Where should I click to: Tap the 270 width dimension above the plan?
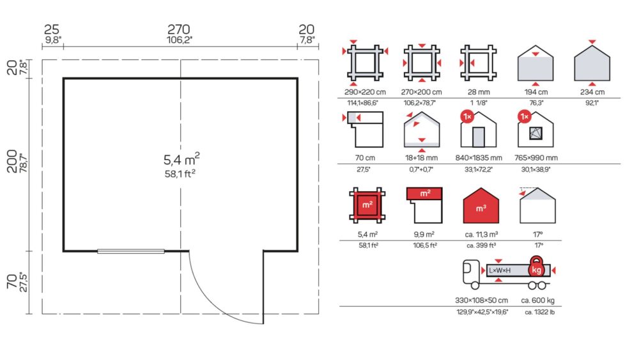tap(180, 29)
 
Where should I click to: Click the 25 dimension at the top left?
tap(52, 29)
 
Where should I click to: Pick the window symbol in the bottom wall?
tap(131, 251)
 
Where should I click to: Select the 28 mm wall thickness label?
tap(477, 93)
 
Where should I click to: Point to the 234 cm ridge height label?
tap(592, 93)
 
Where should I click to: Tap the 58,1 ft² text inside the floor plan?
tap(180, 173)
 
